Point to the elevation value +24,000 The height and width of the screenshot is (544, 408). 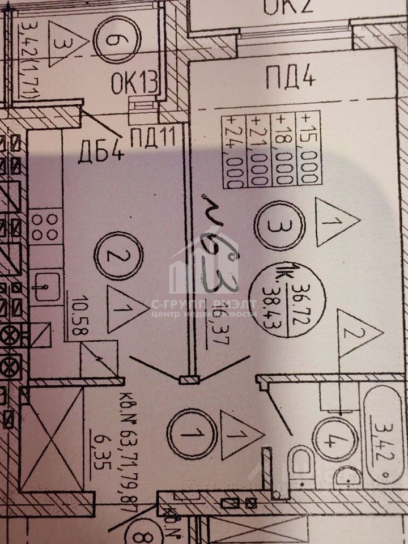[233, 151]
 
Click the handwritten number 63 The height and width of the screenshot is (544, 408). [219, 255]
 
